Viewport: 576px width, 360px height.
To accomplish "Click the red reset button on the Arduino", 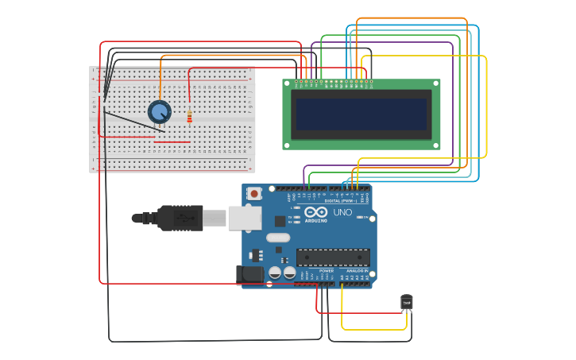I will (x=253, y=193).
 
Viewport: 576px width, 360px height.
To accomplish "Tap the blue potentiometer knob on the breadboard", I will (x=160, y=112).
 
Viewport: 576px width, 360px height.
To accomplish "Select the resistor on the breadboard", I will (x=189, y=118).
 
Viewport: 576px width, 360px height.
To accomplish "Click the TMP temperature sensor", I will (x=407, y=301).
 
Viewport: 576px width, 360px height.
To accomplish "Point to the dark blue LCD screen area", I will (x=361, y=114).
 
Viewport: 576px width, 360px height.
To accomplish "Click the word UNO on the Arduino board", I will (x=342, y=213).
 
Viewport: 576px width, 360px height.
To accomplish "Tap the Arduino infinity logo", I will (x=315, y=212).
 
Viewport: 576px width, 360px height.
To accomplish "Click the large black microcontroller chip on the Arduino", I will (x=333, y=257).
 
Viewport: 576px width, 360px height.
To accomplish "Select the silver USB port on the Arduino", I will (x=245, y=218).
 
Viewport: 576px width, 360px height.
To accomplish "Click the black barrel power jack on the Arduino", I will (x=249, y=275).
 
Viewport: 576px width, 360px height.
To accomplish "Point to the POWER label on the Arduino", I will (x=327, y=271).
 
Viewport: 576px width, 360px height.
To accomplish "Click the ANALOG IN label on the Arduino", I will (x=355, y=271).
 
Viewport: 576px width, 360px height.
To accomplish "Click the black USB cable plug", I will (x=180, y=218).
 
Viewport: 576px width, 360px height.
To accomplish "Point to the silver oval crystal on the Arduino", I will (x=278, y=238).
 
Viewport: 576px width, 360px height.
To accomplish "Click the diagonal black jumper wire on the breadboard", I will (x=135, y=122).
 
